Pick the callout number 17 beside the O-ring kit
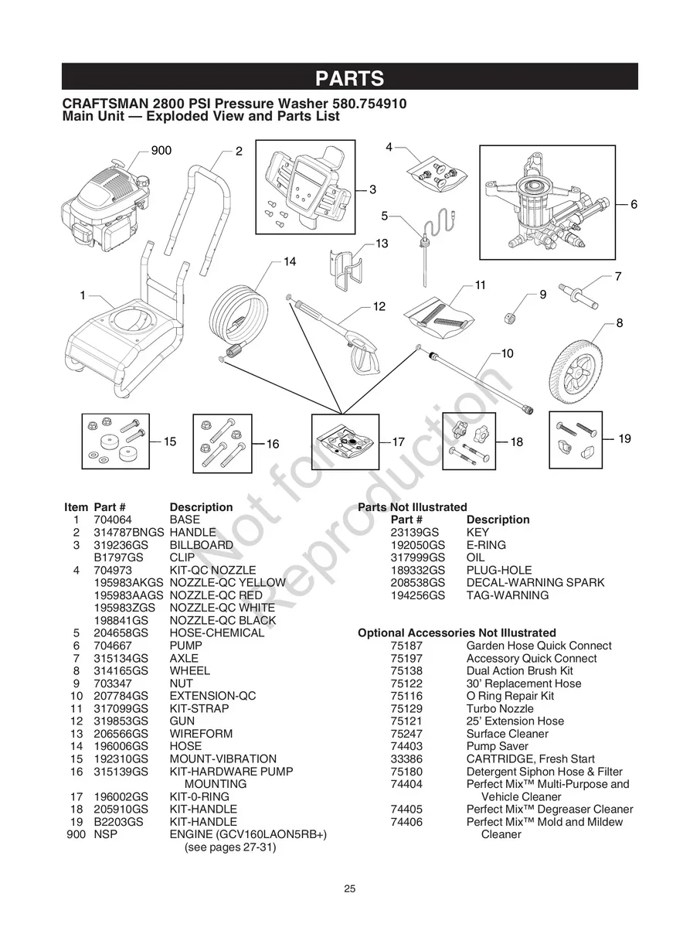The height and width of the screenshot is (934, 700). tap(399, 442)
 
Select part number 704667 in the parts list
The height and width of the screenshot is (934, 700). tap(109, 646)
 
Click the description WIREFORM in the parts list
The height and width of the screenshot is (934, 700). tap(201, 734)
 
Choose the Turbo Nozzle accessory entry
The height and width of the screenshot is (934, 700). tap(499, 709)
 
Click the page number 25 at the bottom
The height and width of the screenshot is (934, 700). tap(350, 889)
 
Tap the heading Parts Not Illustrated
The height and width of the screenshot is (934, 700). tap(412, 507)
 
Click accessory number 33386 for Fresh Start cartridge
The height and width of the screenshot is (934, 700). tap(406, 759)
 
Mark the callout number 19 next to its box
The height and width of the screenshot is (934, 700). tap(624, 439)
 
